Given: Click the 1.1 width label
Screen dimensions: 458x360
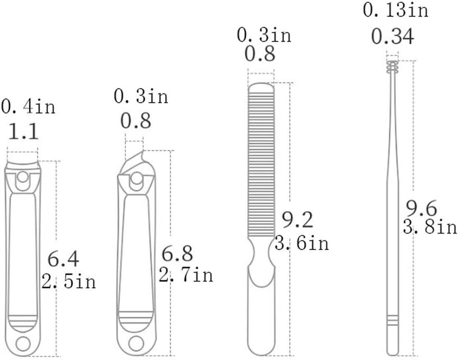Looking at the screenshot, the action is click(x=23, y=131).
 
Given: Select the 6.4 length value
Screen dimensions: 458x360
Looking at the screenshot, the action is click(x=63, y=259).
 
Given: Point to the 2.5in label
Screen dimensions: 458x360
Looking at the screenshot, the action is click(x=69, y=281).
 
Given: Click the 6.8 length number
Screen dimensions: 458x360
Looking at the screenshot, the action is click(x=177, y=253).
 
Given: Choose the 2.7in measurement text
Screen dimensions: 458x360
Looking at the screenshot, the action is click(x=186, y=274).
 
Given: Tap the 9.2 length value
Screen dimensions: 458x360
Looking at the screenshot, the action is click(x=297, y=220).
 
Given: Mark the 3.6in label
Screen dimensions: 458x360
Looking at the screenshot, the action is click(x=302, y=243).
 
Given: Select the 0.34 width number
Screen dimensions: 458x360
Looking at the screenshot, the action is click(x=393, y=36).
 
